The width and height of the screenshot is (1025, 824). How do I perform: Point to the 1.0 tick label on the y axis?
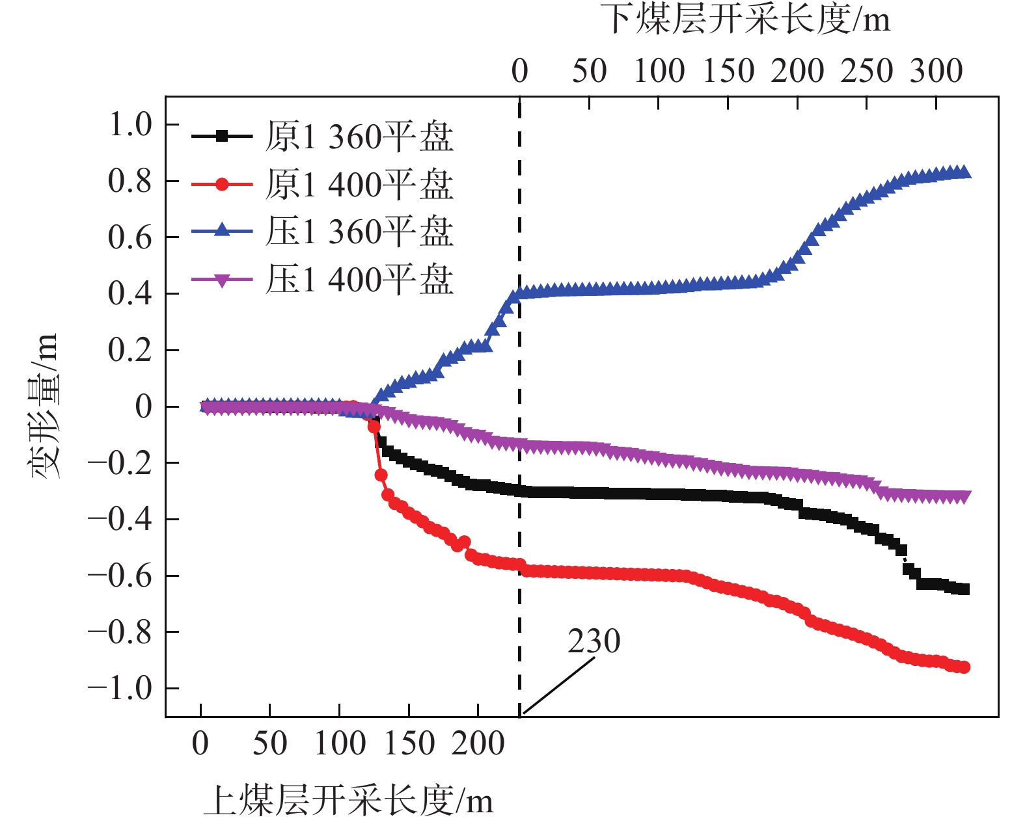tap(130, 124)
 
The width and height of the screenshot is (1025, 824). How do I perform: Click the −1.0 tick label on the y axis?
tap(120, 688)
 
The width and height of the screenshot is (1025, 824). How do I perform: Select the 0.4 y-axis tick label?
tap(130, 294)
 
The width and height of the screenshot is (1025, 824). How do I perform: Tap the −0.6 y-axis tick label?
tap(120, 576)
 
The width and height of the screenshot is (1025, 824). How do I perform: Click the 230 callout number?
tap(594, 642)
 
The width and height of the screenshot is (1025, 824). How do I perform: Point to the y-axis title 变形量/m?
tap(44, 406)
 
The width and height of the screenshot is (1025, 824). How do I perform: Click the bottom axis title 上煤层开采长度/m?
tap(348, 800)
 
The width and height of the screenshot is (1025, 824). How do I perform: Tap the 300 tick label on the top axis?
tap(936, 71)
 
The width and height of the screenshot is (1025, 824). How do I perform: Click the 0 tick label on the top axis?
tap(519, 71)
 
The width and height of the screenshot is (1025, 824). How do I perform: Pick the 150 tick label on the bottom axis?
tap(409, 743)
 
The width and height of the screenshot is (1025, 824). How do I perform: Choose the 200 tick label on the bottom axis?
tap(478, 743)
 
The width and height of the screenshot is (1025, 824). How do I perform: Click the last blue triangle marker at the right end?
tap(965, 172)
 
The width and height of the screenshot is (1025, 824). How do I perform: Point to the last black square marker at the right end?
tap(964, 589)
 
